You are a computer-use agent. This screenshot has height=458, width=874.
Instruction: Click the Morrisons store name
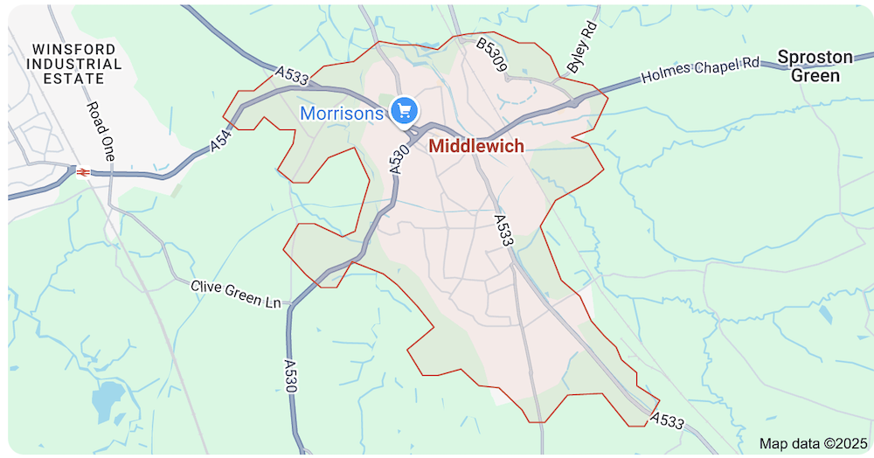click(342, 114)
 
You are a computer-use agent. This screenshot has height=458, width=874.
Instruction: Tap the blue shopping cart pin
click(403, 110)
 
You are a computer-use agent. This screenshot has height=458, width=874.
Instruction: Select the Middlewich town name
click(476, 146)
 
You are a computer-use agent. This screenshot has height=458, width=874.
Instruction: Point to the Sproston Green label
click(815, 66)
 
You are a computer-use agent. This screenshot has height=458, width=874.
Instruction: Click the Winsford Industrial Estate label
click(73, 63)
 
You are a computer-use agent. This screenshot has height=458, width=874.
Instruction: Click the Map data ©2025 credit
click(811, 443)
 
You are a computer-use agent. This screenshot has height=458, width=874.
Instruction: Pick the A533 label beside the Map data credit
click(668, 421)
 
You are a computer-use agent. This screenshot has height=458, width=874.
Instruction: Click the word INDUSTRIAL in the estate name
click(73, 64)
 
